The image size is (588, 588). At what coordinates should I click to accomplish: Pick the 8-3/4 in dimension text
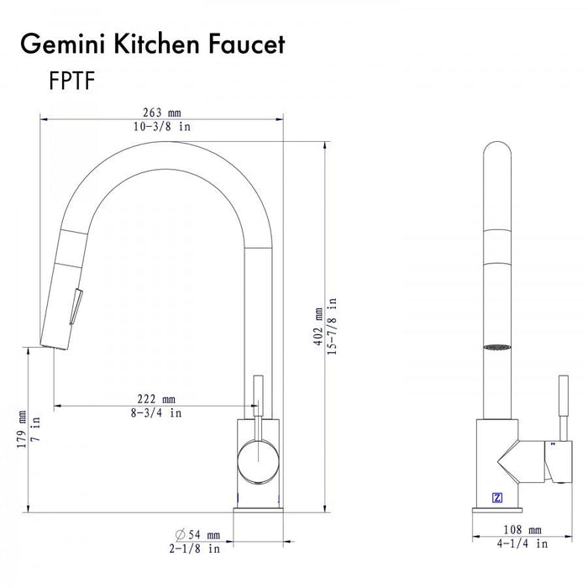click(x=156, y=412)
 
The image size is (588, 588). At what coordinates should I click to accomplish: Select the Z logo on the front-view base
click(x=496, y=496)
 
